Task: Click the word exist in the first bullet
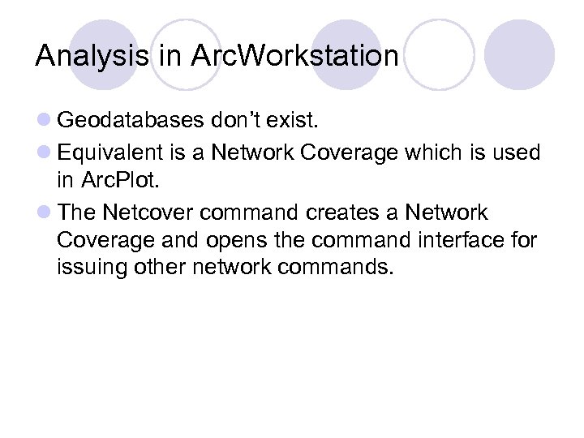coord(294,122)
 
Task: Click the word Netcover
coord(145,213)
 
